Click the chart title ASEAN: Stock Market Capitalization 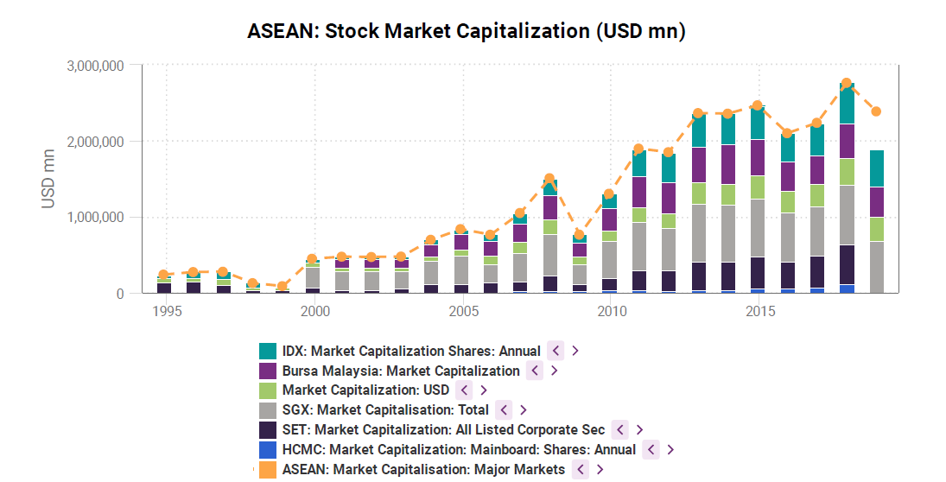[x=466, y=31]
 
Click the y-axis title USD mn [x=49, y=180]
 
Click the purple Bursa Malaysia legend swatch [x=268, y=371]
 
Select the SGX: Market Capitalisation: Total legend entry [x=385, y=410]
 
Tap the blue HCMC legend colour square [x=268, y=450]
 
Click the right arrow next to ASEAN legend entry [x=600, y=470]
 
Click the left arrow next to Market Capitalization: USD [x=464, y=390]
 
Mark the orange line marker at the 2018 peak [x=847, y=84]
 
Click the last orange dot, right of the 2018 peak [x=876, y=111]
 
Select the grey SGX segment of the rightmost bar [x=876, y=267]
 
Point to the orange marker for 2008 [x=549, y=179]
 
